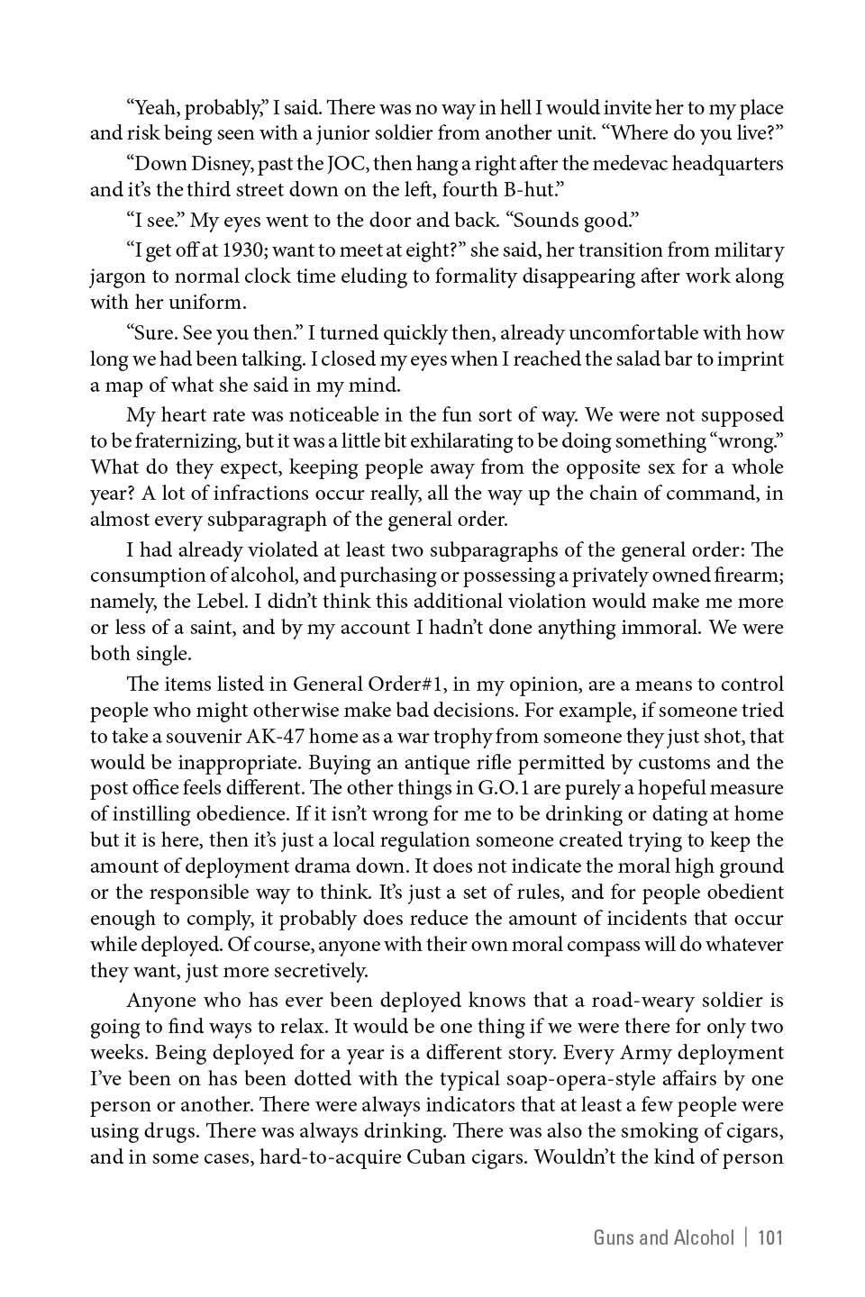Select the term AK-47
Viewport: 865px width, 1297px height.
pos(278,737)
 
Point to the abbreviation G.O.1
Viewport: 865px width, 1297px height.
pos(506,788)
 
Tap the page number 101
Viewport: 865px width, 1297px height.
pos(770,1238)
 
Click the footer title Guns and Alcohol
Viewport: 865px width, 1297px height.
pos(663,1238)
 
